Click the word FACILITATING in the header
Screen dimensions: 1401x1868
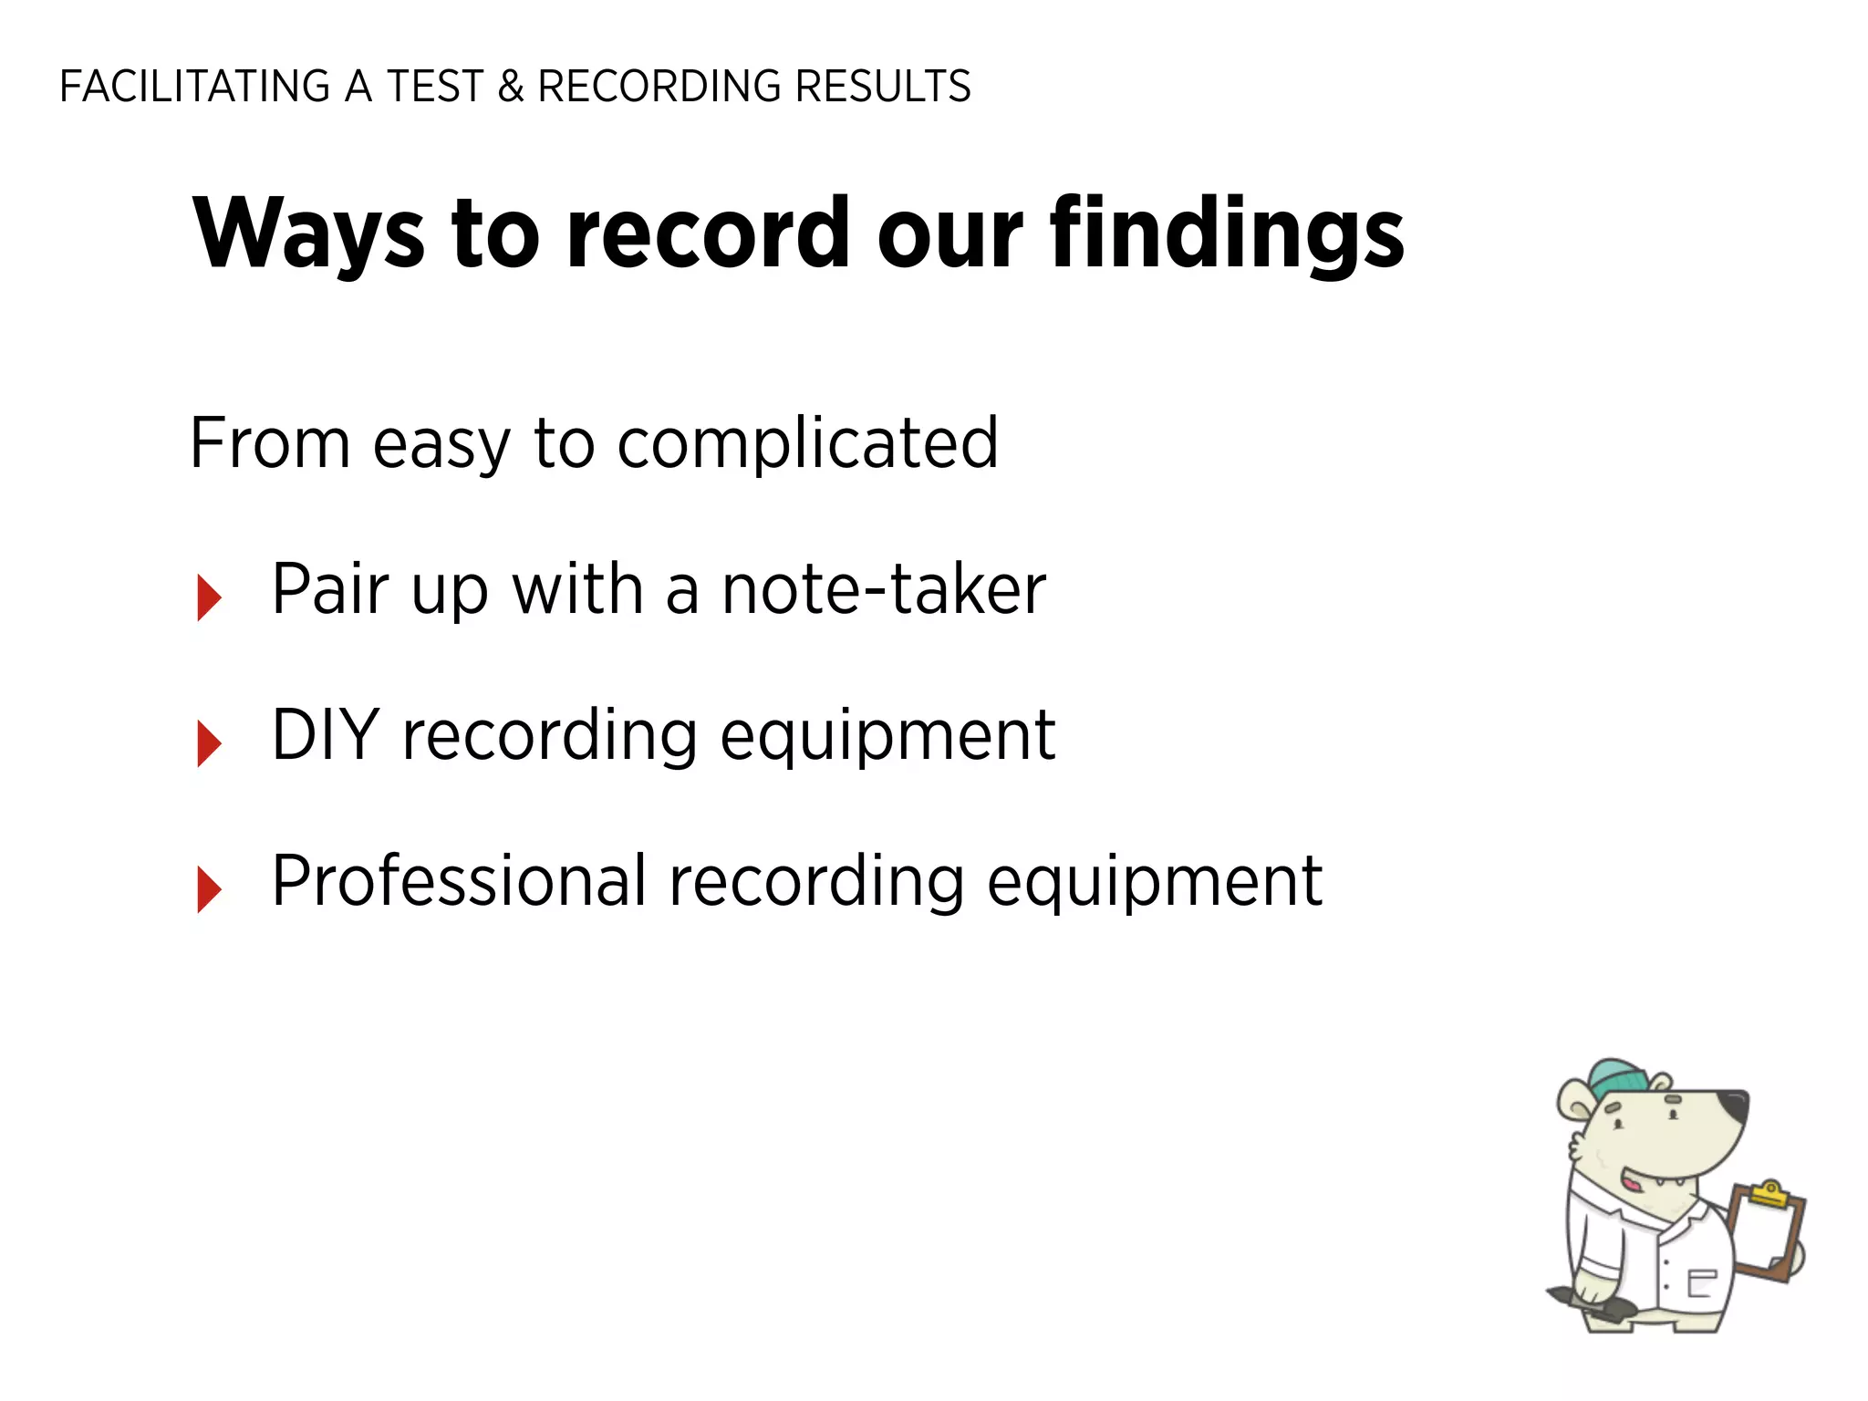click(194, 87)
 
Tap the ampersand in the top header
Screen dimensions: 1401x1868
click(511, 87)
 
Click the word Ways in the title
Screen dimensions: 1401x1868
click(308, 233)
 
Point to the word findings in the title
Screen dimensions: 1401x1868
click(1226, 233)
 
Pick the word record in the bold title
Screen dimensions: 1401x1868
click(708, 233)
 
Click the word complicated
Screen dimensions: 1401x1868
click(807, 444)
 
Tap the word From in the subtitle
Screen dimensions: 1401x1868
click(270, 444)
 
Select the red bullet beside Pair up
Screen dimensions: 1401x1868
click(209, 597)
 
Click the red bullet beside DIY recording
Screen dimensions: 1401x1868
click(209, 743)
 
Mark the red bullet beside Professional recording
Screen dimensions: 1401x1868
click(209, 889)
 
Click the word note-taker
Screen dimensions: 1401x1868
click(883, 590)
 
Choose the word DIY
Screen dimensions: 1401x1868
click(326, 735)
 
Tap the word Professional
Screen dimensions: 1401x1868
click(459, 881)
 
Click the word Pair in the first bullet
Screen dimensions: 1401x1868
click(330, 590)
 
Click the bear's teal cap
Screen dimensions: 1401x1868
click(1618, 1077)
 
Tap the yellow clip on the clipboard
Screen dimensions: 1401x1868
click(1769, 1193)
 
